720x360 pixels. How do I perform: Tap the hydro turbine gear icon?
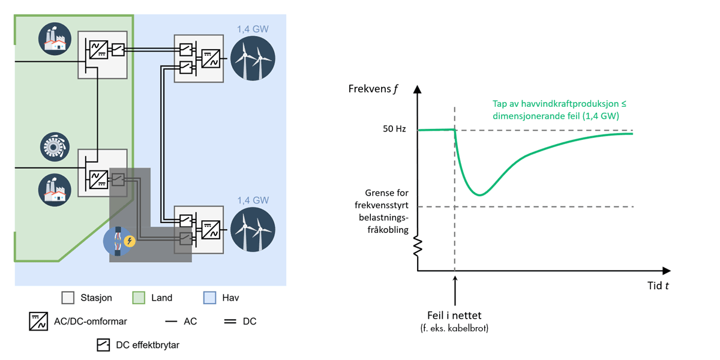(56, 148)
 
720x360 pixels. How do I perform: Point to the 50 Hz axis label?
(394, 130)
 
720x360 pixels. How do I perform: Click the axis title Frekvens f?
(373, 89)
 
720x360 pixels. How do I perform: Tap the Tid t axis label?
(658, 285)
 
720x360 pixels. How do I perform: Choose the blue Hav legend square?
(210, 298)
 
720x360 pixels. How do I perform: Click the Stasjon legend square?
(68, 298)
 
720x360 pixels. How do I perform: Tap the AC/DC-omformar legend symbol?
(38, 321)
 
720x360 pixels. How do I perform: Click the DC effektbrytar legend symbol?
(103, 345)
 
